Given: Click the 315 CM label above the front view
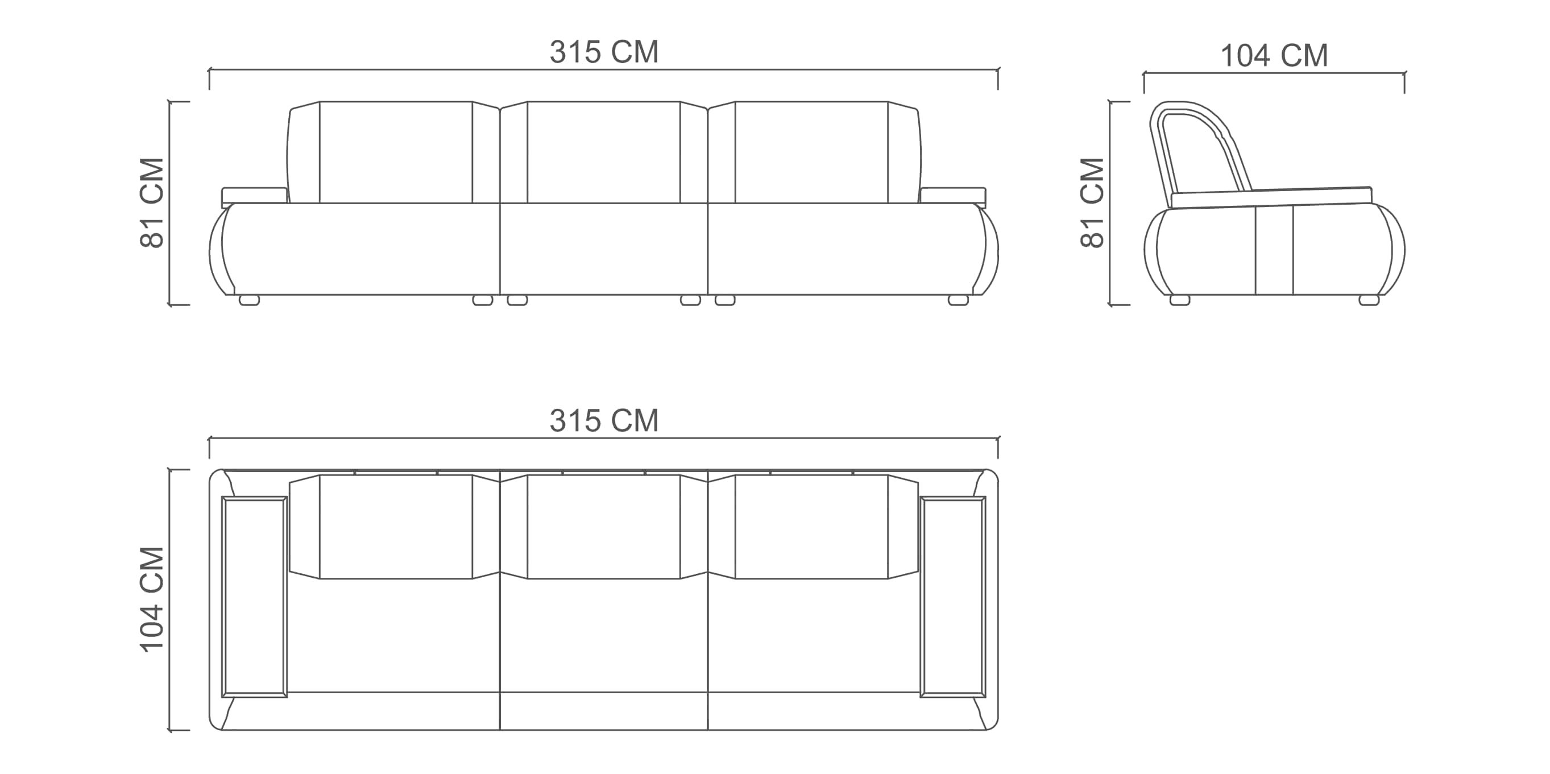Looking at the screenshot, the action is (x=603, y=52).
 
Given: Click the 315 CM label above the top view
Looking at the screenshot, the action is (x=603, y=420).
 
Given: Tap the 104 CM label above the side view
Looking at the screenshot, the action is (x=1274, y=55).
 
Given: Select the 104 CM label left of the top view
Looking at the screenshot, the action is (x=152, y=599).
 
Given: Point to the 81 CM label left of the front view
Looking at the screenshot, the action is (x=152, y=203).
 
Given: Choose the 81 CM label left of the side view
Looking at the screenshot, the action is (x=1092, y=203).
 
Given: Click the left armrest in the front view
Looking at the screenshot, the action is (x=255, y=196).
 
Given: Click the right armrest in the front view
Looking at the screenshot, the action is (x=953, y=196).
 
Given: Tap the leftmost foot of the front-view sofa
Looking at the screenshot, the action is (x=249, y=300).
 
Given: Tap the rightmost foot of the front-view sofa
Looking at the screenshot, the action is (x=959, y=300).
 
